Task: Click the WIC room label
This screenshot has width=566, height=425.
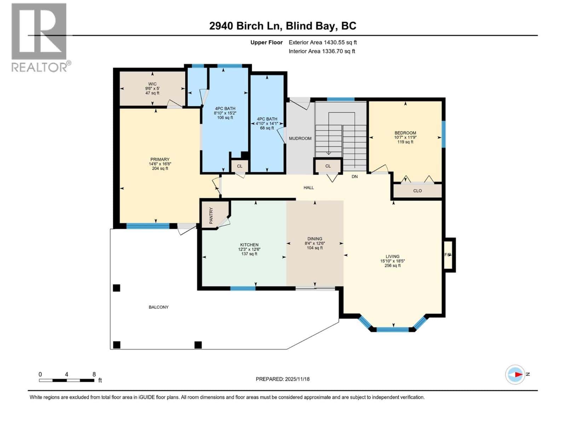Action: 152,84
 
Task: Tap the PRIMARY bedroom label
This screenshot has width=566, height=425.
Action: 160,159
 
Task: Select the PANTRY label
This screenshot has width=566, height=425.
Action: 211,215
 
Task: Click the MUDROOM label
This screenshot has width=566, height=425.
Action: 300,138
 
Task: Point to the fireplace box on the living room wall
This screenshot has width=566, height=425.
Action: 448,255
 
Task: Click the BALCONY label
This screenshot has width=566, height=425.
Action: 158,307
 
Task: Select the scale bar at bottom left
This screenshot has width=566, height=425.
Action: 67,380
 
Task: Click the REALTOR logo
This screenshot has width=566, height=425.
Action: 39,37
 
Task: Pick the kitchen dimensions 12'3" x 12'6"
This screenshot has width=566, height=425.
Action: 249,249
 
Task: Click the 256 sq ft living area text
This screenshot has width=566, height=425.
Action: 392,266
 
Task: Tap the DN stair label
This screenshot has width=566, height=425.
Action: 354,176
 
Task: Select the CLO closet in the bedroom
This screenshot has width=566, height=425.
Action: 417,191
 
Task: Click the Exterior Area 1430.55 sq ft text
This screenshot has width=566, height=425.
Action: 323,42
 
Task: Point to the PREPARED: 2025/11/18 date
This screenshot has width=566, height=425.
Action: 283,379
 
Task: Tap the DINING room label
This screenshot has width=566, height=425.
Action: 314,239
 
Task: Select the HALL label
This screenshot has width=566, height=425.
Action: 308,188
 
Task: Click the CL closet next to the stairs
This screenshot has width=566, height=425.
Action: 328,166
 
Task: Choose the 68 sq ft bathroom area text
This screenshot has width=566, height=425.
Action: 267,128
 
